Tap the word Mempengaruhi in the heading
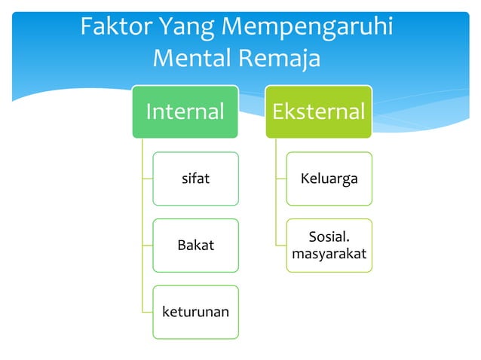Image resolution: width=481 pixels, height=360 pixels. coord(309,29)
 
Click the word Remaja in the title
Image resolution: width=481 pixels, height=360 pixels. coord(280,58)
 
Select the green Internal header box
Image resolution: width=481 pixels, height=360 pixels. coord(185,111)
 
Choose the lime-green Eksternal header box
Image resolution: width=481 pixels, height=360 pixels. coord(318,111)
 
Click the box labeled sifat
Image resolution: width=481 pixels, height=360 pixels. coord(195,179)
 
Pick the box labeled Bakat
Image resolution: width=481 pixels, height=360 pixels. coord(195,246)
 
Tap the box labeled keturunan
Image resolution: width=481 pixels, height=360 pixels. coord(195,312)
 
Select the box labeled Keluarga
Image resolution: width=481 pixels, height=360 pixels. coord(329,179)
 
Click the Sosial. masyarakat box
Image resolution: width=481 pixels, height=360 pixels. coord(329,246)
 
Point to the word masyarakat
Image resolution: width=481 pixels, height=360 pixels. coord(329,254)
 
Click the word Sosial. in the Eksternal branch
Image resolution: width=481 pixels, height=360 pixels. coord(329,237)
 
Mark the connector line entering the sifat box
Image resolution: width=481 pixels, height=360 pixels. coord(147,179)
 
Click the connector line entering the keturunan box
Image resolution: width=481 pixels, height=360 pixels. coord(147,312)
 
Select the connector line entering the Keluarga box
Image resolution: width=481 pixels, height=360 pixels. coord(280,179)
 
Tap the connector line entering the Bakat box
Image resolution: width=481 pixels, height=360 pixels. coord(147,246)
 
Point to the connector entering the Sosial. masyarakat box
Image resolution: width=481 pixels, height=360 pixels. coord(280,246)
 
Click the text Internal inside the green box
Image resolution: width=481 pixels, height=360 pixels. coord(185,112)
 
